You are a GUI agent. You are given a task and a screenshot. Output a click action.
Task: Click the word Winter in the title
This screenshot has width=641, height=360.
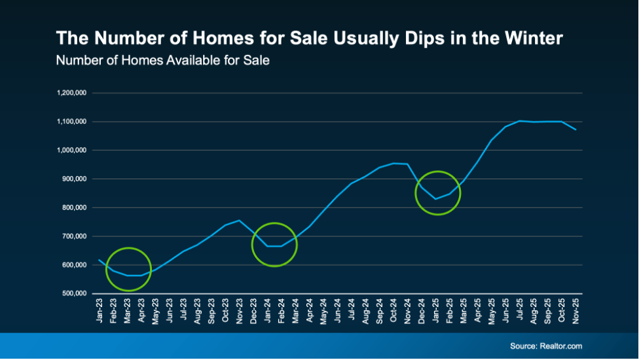tap(530, 38)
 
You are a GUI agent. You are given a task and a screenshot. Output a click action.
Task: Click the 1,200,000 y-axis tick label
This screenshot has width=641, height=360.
tap(73, 93)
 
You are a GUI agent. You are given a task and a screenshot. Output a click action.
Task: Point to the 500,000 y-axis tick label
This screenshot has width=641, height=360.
tap(75, 294)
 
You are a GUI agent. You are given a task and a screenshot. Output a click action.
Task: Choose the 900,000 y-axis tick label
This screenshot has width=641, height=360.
tap(75, 179)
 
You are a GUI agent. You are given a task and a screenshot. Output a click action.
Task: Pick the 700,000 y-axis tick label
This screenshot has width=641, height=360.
tap(75, 236)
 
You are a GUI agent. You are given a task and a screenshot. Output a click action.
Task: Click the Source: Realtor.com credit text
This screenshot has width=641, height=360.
tap(546, 346)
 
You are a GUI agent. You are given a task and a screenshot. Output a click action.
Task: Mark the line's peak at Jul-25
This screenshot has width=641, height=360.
tap(520, 120)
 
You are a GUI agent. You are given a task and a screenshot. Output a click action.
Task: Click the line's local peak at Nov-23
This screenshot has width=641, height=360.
tap(239, 221)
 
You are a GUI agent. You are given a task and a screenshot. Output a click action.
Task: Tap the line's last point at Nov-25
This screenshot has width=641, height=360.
tap(576, 130)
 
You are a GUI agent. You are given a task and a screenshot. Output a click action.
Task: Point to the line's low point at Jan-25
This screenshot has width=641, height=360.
tap(435, 199)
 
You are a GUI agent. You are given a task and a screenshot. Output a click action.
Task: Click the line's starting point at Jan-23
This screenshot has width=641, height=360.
tap(100, 260)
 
